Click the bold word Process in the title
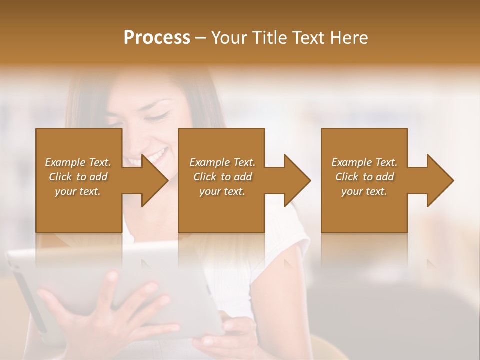click(157, 38)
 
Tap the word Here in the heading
click(349, 38)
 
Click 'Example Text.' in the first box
click(78, 162)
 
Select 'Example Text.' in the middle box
click(222, 162)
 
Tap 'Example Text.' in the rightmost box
click(364, 162)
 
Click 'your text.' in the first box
click(78, 191)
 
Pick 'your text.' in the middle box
click(222, 191)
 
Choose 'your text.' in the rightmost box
click(364, 191)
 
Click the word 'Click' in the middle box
click(205, 177)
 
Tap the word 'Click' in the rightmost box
click(347, 177)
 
